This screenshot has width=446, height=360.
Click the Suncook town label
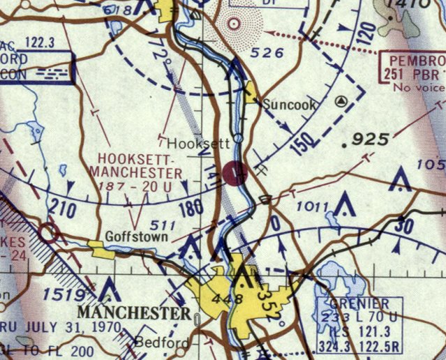point(290,105)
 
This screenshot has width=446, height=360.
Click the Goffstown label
point(136,237)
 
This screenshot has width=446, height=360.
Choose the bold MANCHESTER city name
point(134,312)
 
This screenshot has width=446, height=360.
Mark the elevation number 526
point(269,52)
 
